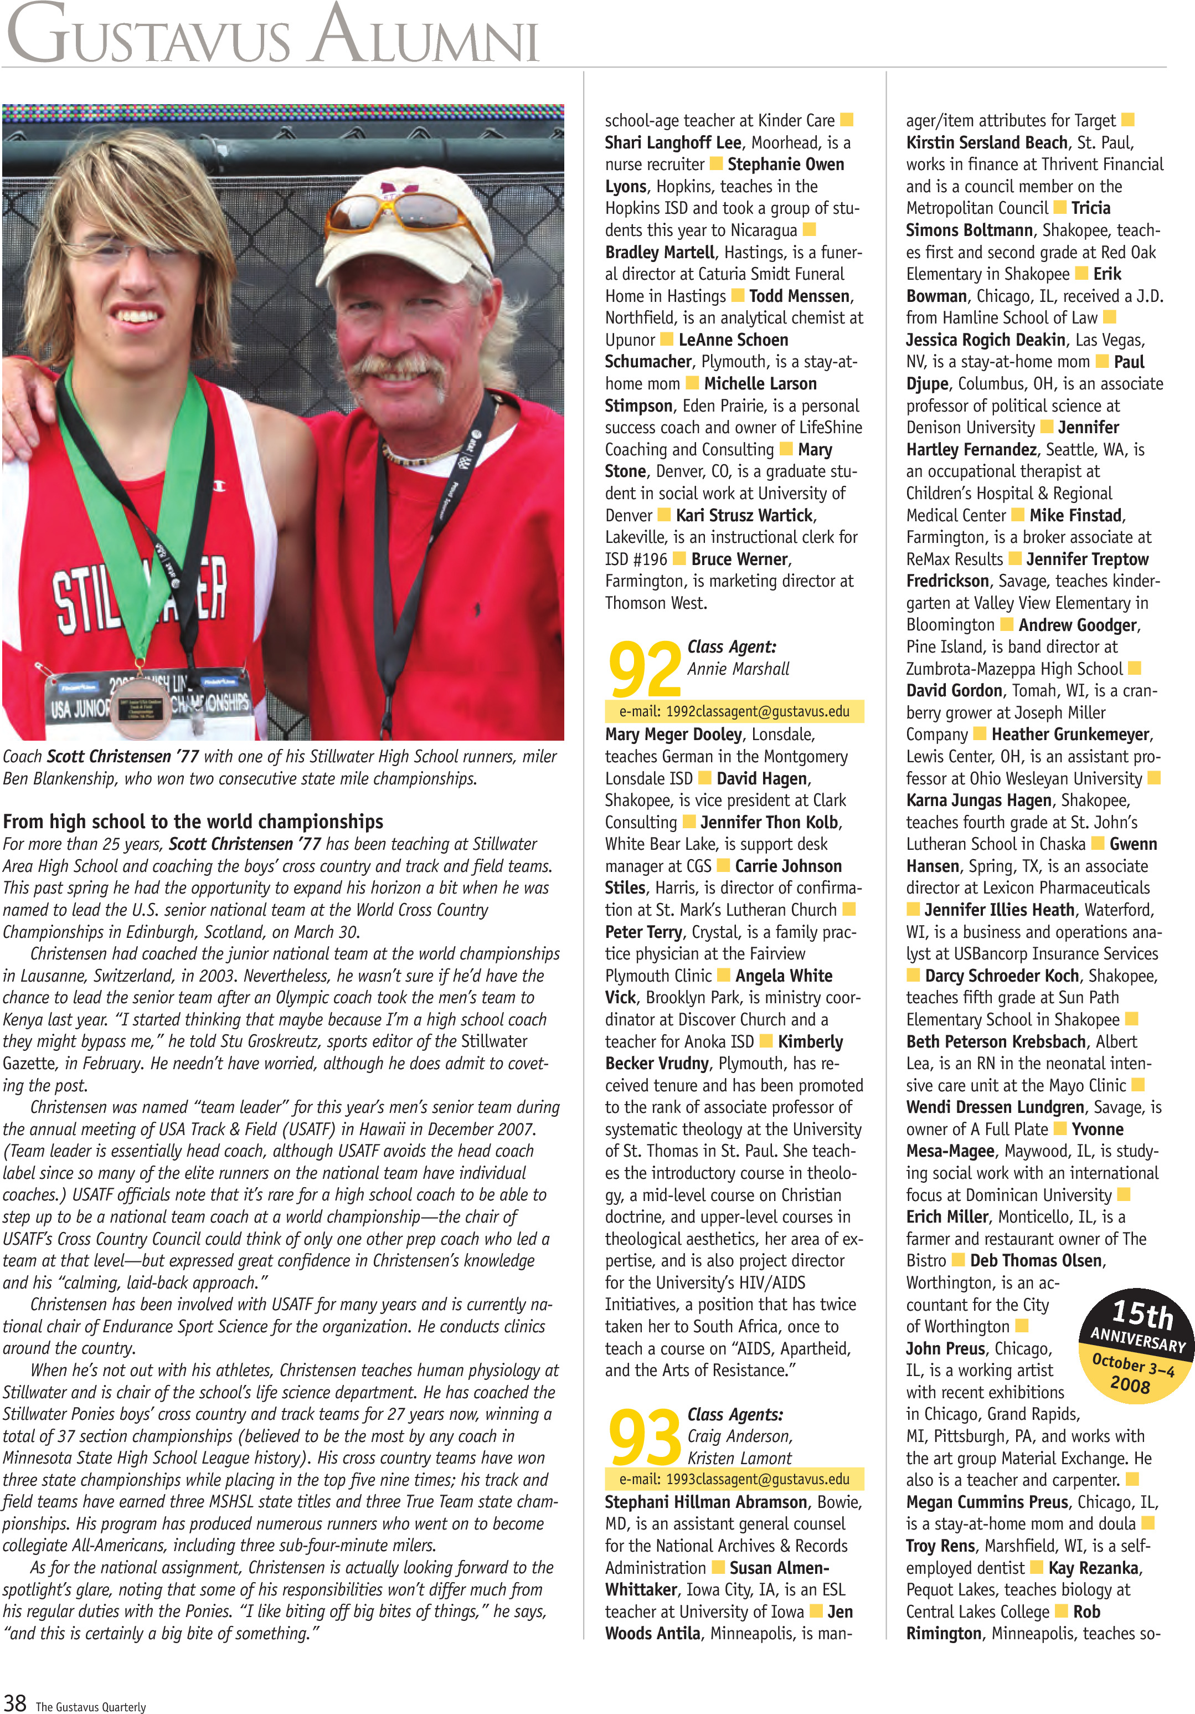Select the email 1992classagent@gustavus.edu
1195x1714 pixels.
tap(734, 711)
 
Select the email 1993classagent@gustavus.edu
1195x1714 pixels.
tap(734, 1479)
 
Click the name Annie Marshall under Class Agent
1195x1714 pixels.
tap(738, 669)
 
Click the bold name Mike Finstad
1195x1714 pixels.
tap(1075, 515)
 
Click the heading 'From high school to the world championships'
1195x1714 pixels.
tap(193, 822)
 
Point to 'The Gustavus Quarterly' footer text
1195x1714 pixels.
tap(91, 1707)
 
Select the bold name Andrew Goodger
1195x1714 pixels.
tap(1078, 625)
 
